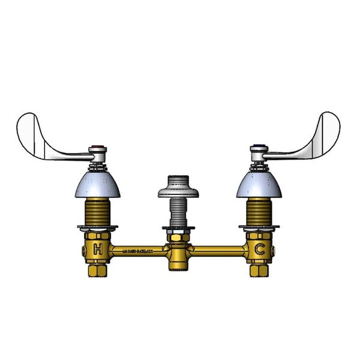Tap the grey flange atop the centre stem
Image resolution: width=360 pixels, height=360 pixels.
pyautogui.click(x=178, y=189)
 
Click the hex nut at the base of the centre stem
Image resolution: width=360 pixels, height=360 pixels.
pyautogui.click(x=178, y=231)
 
